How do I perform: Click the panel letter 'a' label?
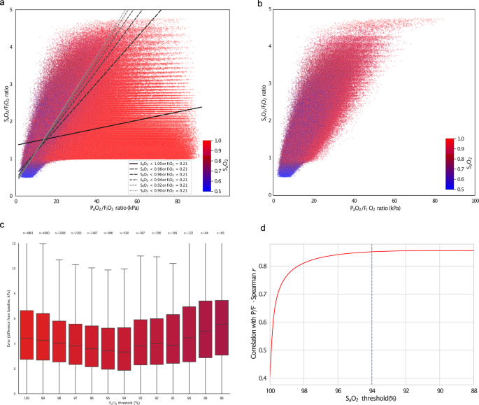click(x=3, y=4)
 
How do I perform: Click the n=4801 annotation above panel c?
click(x=26, y=232)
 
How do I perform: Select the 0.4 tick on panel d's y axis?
click(x=262, y=378)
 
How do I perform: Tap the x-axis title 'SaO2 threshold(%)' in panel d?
click(x=371, y=399)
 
